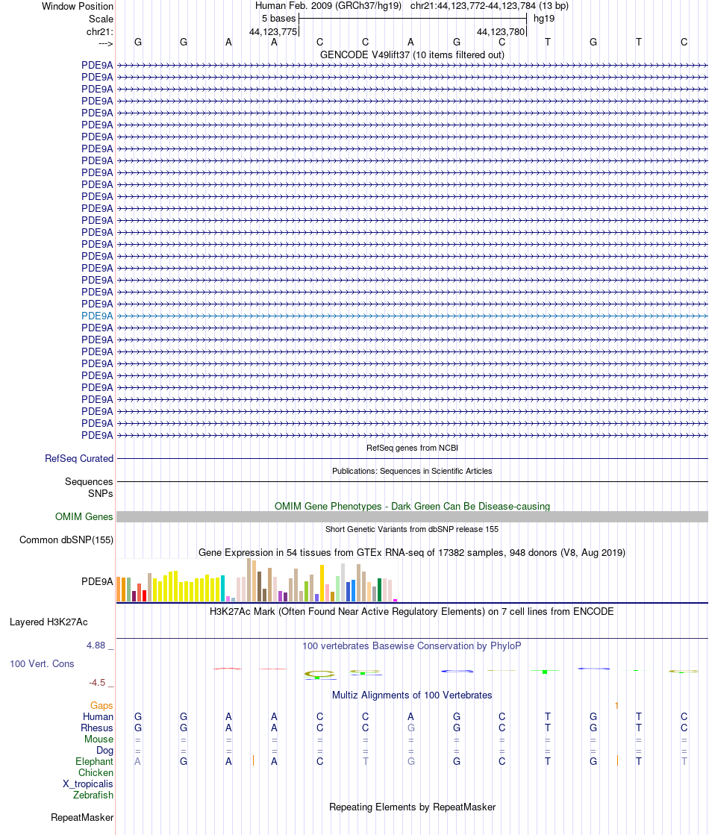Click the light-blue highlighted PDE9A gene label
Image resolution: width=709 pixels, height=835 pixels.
[97, 316]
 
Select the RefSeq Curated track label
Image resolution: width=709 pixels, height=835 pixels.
[79, 459]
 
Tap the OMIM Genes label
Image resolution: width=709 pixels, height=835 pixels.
[84, 516]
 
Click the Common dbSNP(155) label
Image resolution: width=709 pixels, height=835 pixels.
[66, 540]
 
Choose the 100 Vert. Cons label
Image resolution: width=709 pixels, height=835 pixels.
[42, 663]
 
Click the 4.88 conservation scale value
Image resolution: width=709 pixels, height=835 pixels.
[99, 645]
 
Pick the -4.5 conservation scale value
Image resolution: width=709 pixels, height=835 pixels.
[97, 682]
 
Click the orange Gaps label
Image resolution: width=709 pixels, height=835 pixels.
[101, 705]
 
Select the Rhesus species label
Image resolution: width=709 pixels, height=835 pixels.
[98, 728]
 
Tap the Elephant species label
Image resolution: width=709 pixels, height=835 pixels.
[94, 761]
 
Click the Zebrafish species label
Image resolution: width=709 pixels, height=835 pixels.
[93, 795]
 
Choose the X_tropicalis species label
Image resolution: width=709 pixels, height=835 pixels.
[88, 784]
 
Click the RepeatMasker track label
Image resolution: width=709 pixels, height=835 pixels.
[82, 818]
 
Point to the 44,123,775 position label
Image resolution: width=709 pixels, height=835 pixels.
[273, 31]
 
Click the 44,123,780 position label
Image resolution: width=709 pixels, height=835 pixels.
[501, 31]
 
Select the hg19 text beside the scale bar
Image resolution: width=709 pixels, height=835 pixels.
[543, 18]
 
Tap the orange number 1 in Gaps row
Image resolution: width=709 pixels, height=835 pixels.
[616, 705]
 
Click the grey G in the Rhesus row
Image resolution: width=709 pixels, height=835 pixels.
[410, 728]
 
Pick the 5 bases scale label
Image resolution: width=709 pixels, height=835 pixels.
[278, 18]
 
